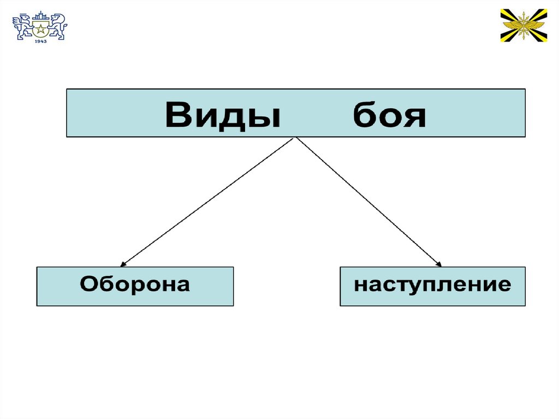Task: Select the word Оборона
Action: click(x=135, y=285)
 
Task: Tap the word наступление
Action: click(x=432, y=285)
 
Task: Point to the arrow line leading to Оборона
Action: click(x=207, y=202)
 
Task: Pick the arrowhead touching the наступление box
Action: click(x=438, y=264)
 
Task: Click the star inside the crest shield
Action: click(x=40, y=28)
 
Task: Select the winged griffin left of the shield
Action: click(x=23, y=27)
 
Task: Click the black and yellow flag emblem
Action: click(x=524, y=25)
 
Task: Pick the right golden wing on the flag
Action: click(x=533, y=24)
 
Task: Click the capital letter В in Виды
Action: click(x=180, y=115)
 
